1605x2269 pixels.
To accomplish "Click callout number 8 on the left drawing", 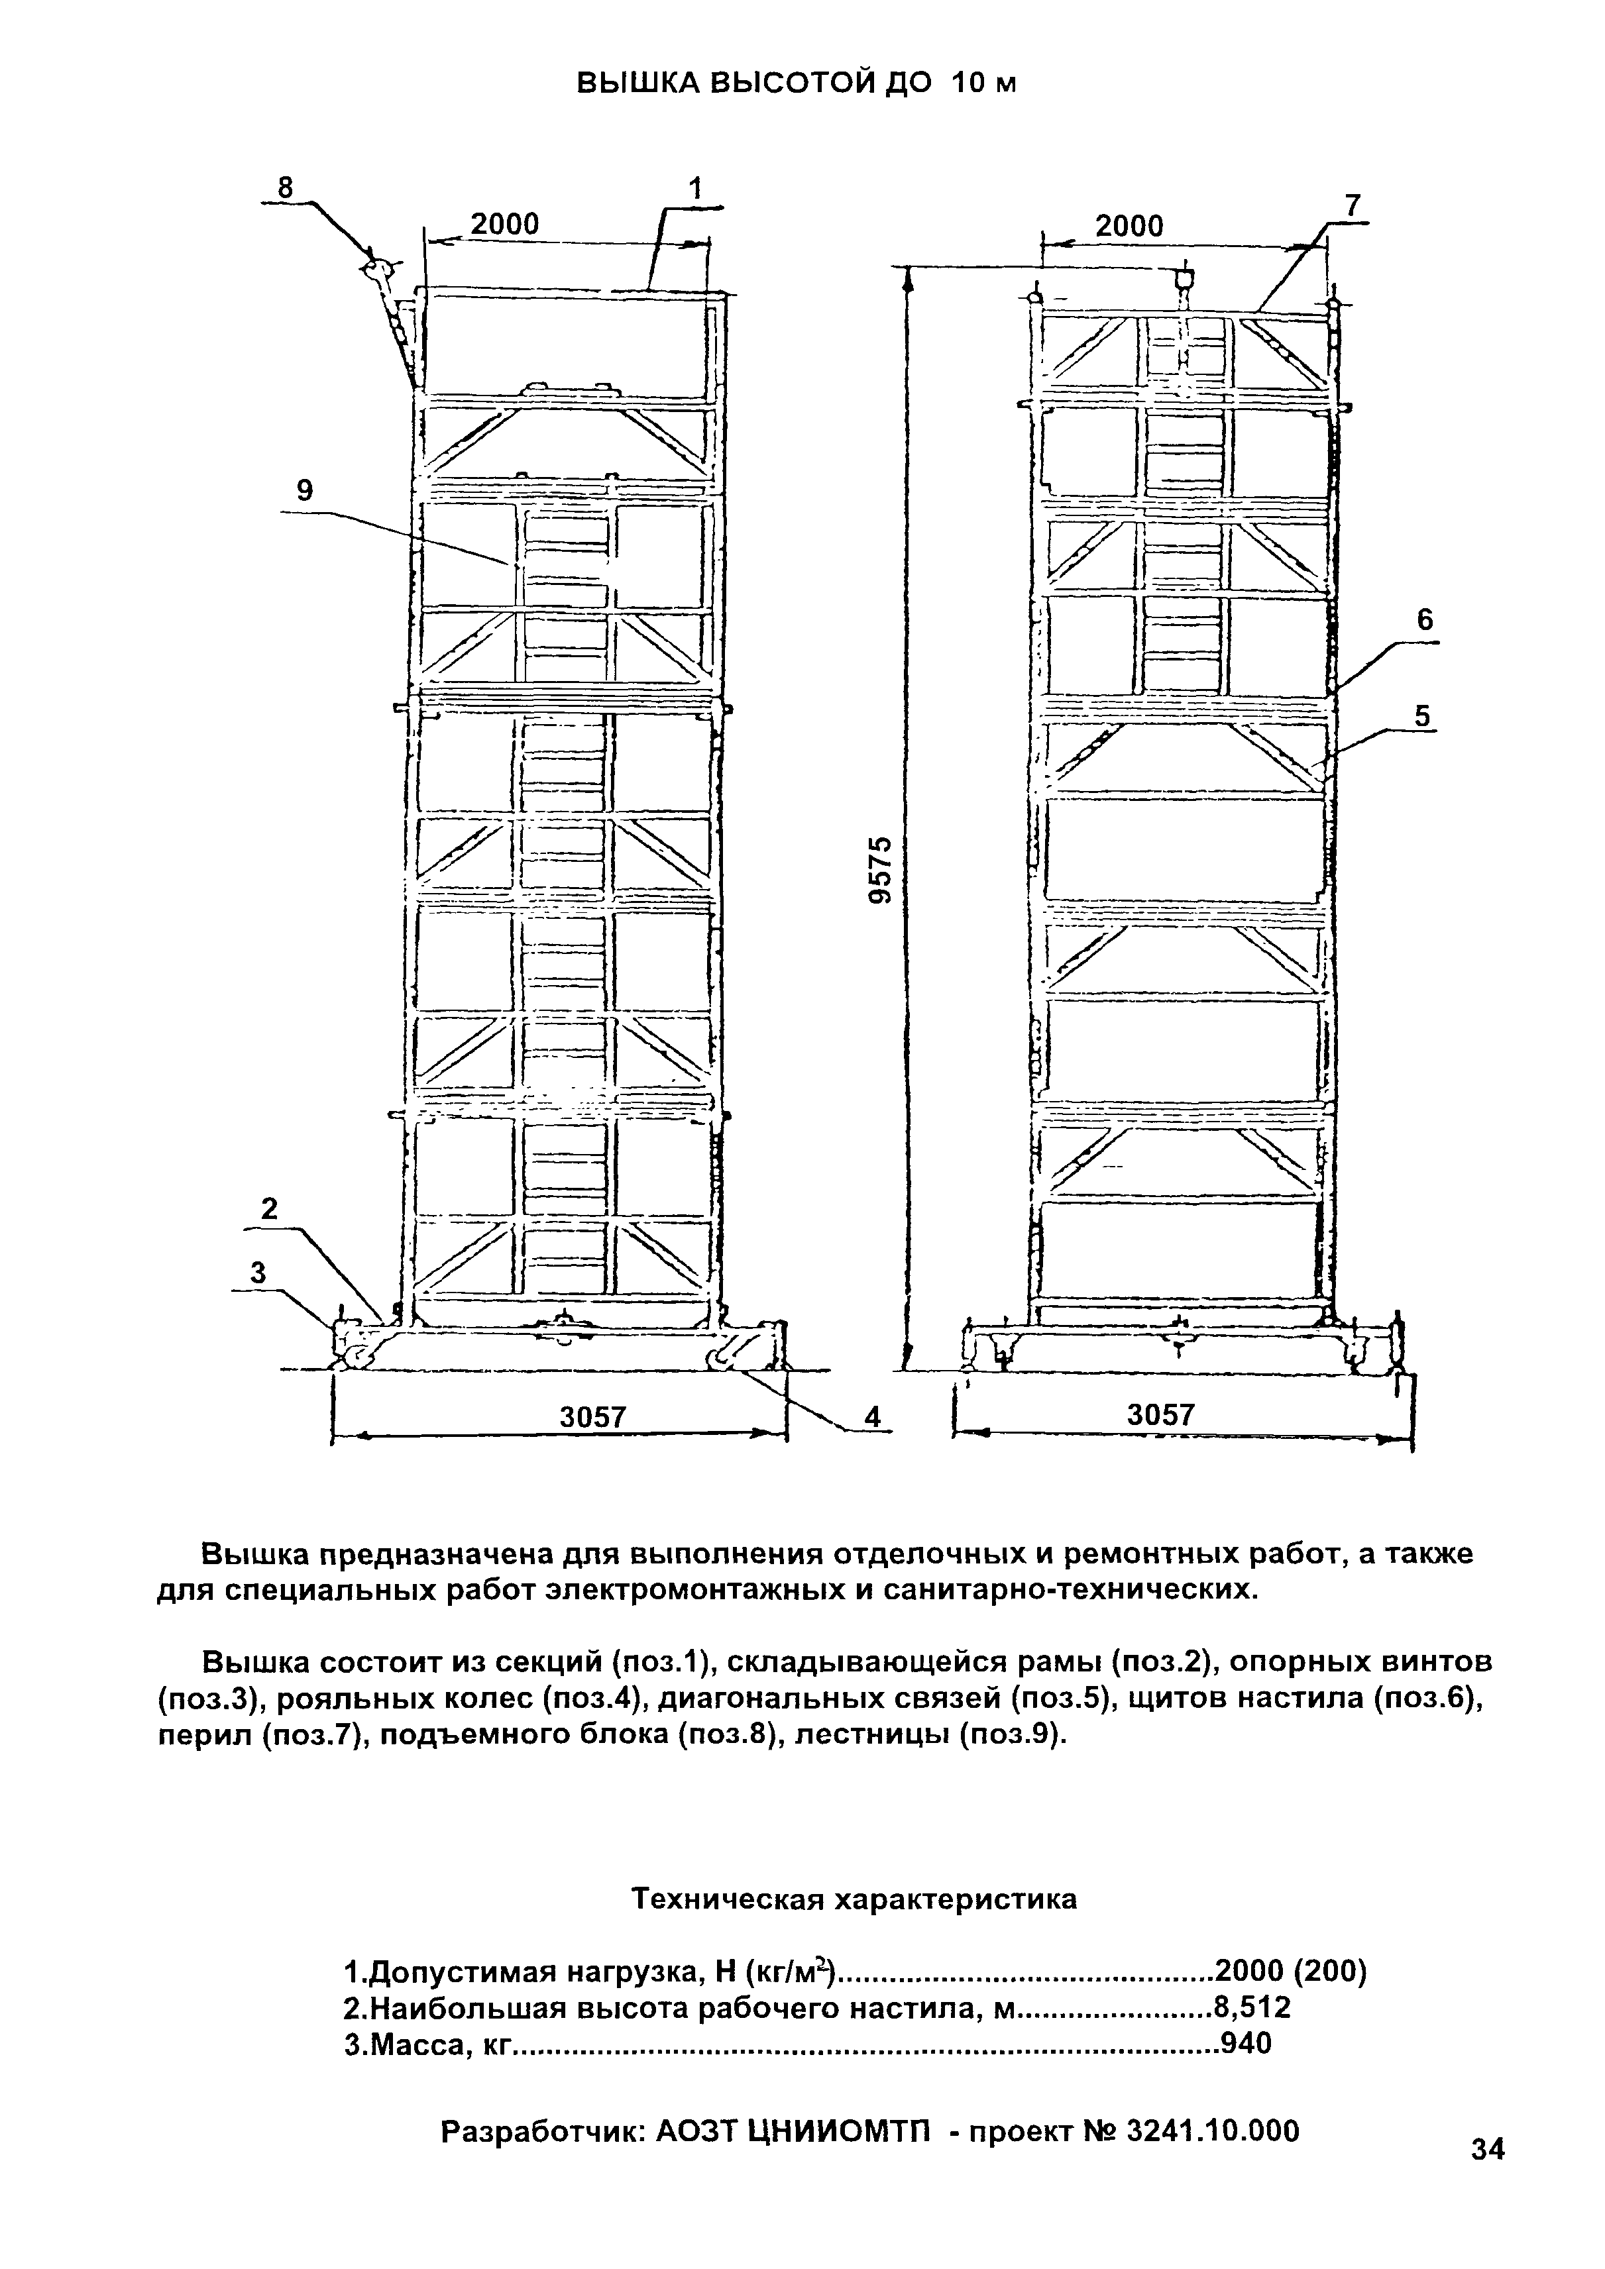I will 286,187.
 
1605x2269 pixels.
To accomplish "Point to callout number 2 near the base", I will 269,1208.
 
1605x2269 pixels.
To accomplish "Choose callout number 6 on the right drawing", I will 1424,621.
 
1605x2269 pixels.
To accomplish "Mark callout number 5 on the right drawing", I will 1422,715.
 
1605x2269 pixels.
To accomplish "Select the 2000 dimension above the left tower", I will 504,225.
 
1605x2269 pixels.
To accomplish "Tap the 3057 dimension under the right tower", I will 1161,1415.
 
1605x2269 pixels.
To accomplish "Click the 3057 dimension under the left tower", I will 593,1417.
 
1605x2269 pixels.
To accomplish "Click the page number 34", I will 1488,2148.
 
